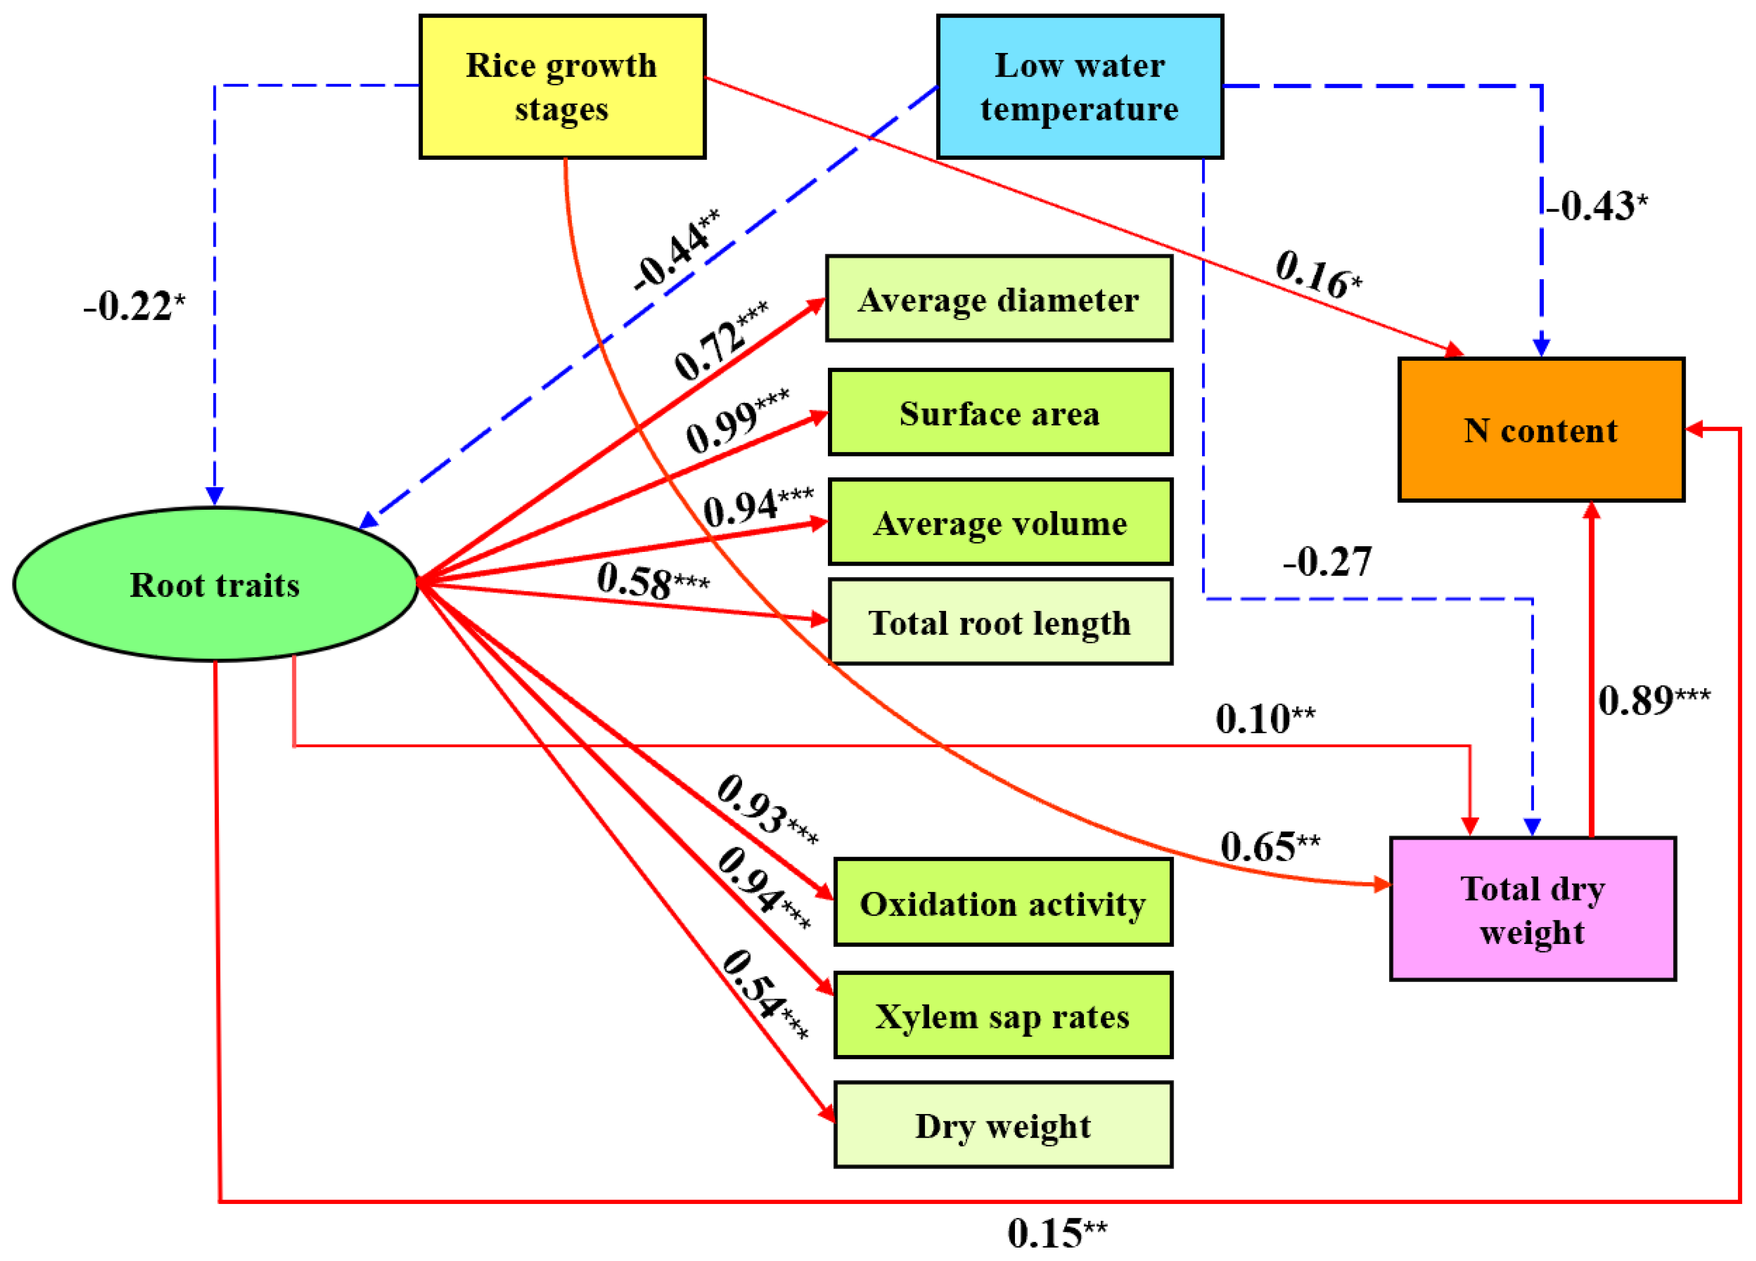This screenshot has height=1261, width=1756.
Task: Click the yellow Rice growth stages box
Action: [x=562, y=87]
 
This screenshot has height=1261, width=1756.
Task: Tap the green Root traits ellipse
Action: [x=215, y=584]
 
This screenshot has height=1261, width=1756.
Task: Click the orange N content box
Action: [x=1541, y=430]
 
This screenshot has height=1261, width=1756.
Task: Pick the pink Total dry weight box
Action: [x=1532, y=909]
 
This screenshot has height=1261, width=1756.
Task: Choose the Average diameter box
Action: [x=999, y=299]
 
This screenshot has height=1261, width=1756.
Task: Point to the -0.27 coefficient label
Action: [x=1327, y=561]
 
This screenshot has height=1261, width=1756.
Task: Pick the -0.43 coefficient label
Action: [x=1595, y=206]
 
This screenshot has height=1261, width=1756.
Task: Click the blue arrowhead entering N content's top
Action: [x=1541, y=347]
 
